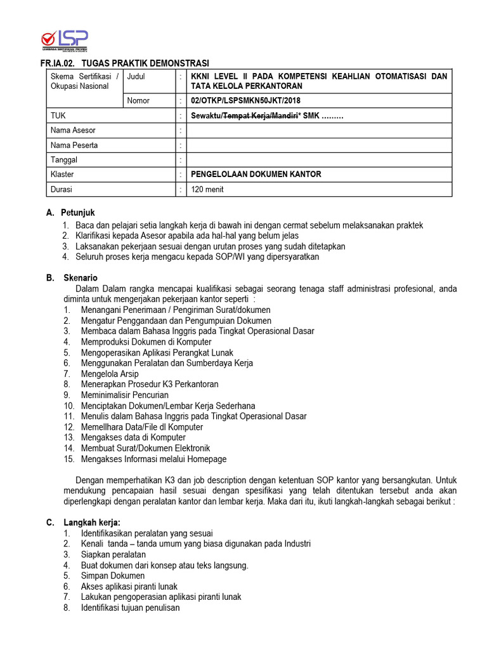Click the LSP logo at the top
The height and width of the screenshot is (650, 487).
pyautogui.click(x=63, y=40)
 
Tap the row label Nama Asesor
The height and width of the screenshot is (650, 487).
pyautogui.click(x=73, y=130)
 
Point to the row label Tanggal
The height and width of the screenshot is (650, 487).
pyautogui.click(x=63, y=160)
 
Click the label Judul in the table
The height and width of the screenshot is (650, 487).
pyautogui.click(x=136, y=77)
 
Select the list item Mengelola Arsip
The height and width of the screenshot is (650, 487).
pyautogui.click(x=110, y=374)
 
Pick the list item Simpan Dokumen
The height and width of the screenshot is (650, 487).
pyautogui.click(x=113, y=576)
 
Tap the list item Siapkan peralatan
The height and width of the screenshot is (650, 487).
pyautogui.click(x=113, y=554)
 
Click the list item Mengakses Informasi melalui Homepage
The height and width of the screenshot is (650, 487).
pyautogui.click(x=153, y=459)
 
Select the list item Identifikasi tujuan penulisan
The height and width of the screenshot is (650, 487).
pyautogui.click(x=130, y=607)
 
